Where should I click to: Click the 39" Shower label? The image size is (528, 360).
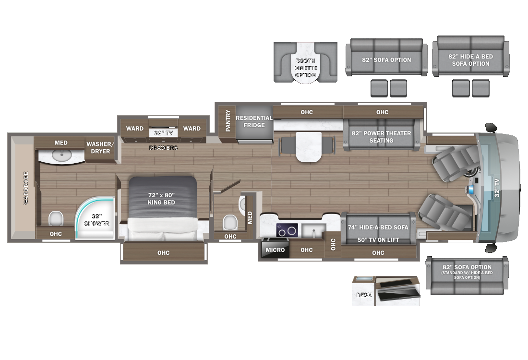(97, 220)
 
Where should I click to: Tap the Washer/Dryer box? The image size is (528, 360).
(98, 148)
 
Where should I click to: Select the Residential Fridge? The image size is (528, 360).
(254, 121)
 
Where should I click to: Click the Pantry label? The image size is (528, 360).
(228, 121)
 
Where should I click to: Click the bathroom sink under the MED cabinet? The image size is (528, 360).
(61, 156)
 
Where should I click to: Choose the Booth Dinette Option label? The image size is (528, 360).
(305, 68)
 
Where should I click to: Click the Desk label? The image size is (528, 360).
(364, 295)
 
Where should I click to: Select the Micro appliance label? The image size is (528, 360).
(275, 250)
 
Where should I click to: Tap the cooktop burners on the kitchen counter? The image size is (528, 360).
(287, 230)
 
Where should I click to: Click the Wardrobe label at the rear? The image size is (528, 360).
(26, 188)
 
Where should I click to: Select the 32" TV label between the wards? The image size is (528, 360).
(163, 133)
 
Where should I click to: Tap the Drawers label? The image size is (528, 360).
(163, 148)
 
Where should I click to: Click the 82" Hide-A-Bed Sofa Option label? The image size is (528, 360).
(470, 60)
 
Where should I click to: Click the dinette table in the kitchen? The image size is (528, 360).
(307, 146)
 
